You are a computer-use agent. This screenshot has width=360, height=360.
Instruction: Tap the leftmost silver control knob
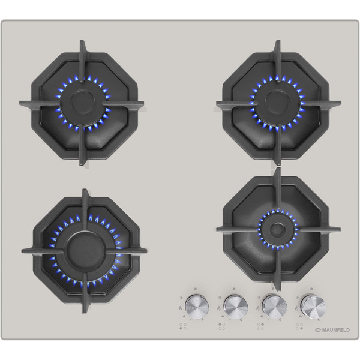(197, 306)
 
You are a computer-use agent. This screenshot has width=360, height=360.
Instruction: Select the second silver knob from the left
(236, 306)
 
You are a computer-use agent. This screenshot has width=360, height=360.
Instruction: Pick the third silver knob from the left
(275, 306)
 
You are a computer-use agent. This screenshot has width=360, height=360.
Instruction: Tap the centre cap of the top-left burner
(82, 100)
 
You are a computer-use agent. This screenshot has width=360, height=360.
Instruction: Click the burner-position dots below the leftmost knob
(183, 326)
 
